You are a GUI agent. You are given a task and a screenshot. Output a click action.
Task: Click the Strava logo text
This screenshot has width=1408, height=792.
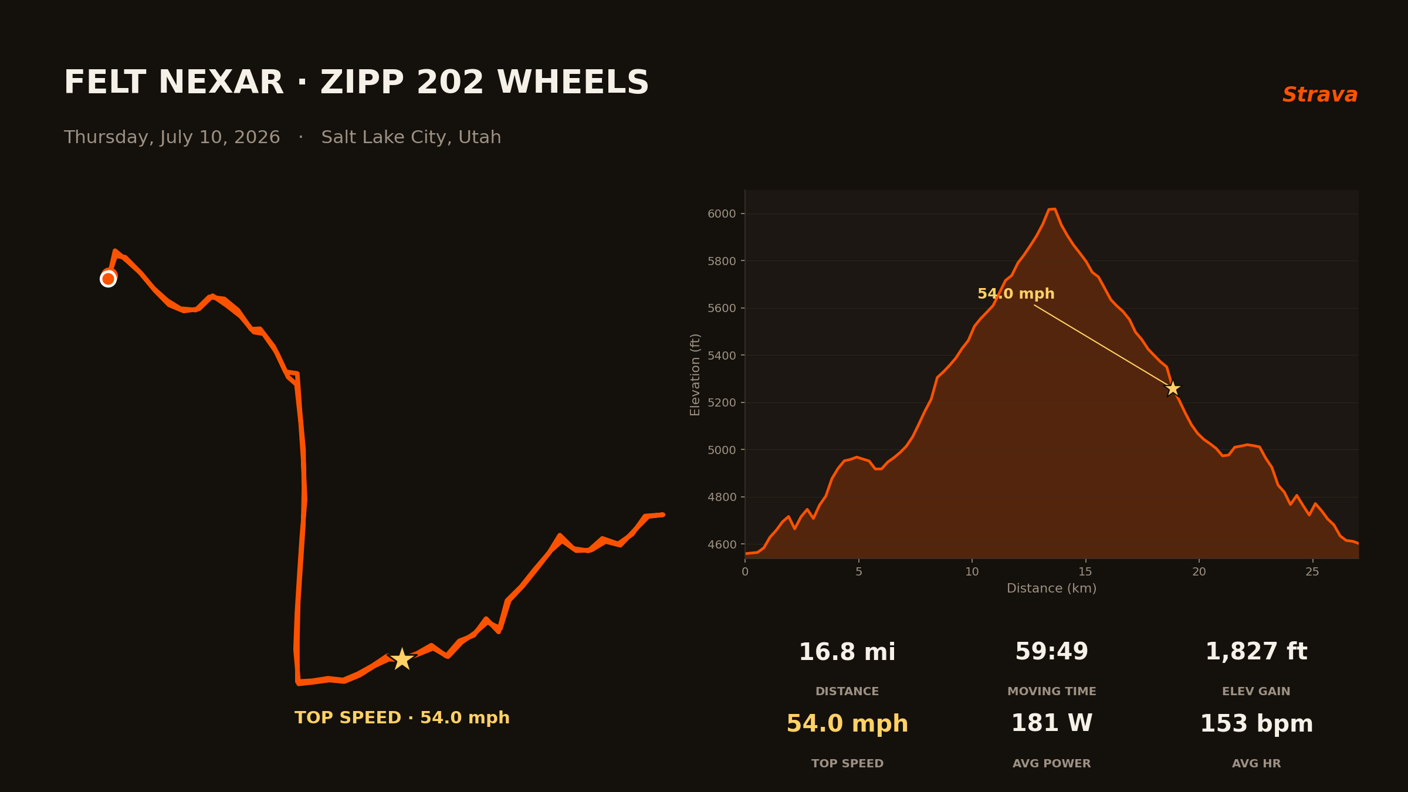1320,95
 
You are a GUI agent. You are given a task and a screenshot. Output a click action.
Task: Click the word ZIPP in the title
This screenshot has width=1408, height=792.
362,82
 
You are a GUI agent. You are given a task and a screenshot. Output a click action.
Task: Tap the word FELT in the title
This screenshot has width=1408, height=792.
104,82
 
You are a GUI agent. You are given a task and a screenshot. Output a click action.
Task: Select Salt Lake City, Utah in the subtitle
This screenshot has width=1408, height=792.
411,137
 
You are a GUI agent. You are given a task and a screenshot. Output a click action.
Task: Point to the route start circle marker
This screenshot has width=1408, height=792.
108,279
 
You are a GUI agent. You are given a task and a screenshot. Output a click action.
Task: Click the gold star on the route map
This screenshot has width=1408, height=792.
402,659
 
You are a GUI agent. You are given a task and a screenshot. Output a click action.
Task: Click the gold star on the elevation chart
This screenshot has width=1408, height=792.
1173,388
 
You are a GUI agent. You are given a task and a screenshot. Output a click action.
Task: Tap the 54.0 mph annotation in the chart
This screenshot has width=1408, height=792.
1016,294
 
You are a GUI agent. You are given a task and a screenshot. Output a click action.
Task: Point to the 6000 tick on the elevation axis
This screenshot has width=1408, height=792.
722,214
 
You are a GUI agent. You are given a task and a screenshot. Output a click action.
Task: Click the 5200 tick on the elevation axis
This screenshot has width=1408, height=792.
722,402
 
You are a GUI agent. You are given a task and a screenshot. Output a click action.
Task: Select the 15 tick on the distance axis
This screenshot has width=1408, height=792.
1085,572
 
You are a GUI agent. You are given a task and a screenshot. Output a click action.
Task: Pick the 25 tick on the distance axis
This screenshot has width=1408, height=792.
1312,572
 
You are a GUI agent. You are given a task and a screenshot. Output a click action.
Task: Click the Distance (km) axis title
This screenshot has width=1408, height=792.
1051,588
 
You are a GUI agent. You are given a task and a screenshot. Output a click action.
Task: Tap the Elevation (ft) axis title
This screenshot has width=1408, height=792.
695,374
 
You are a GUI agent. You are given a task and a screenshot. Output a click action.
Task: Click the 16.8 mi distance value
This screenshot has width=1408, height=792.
847,652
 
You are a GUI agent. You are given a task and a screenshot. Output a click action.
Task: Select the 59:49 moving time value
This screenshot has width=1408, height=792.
1051,652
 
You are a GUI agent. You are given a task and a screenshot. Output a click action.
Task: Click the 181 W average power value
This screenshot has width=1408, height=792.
1051,723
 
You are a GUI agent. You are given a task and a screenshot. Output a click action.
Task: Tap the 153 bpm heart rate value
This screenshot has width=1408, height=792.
1256,724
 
